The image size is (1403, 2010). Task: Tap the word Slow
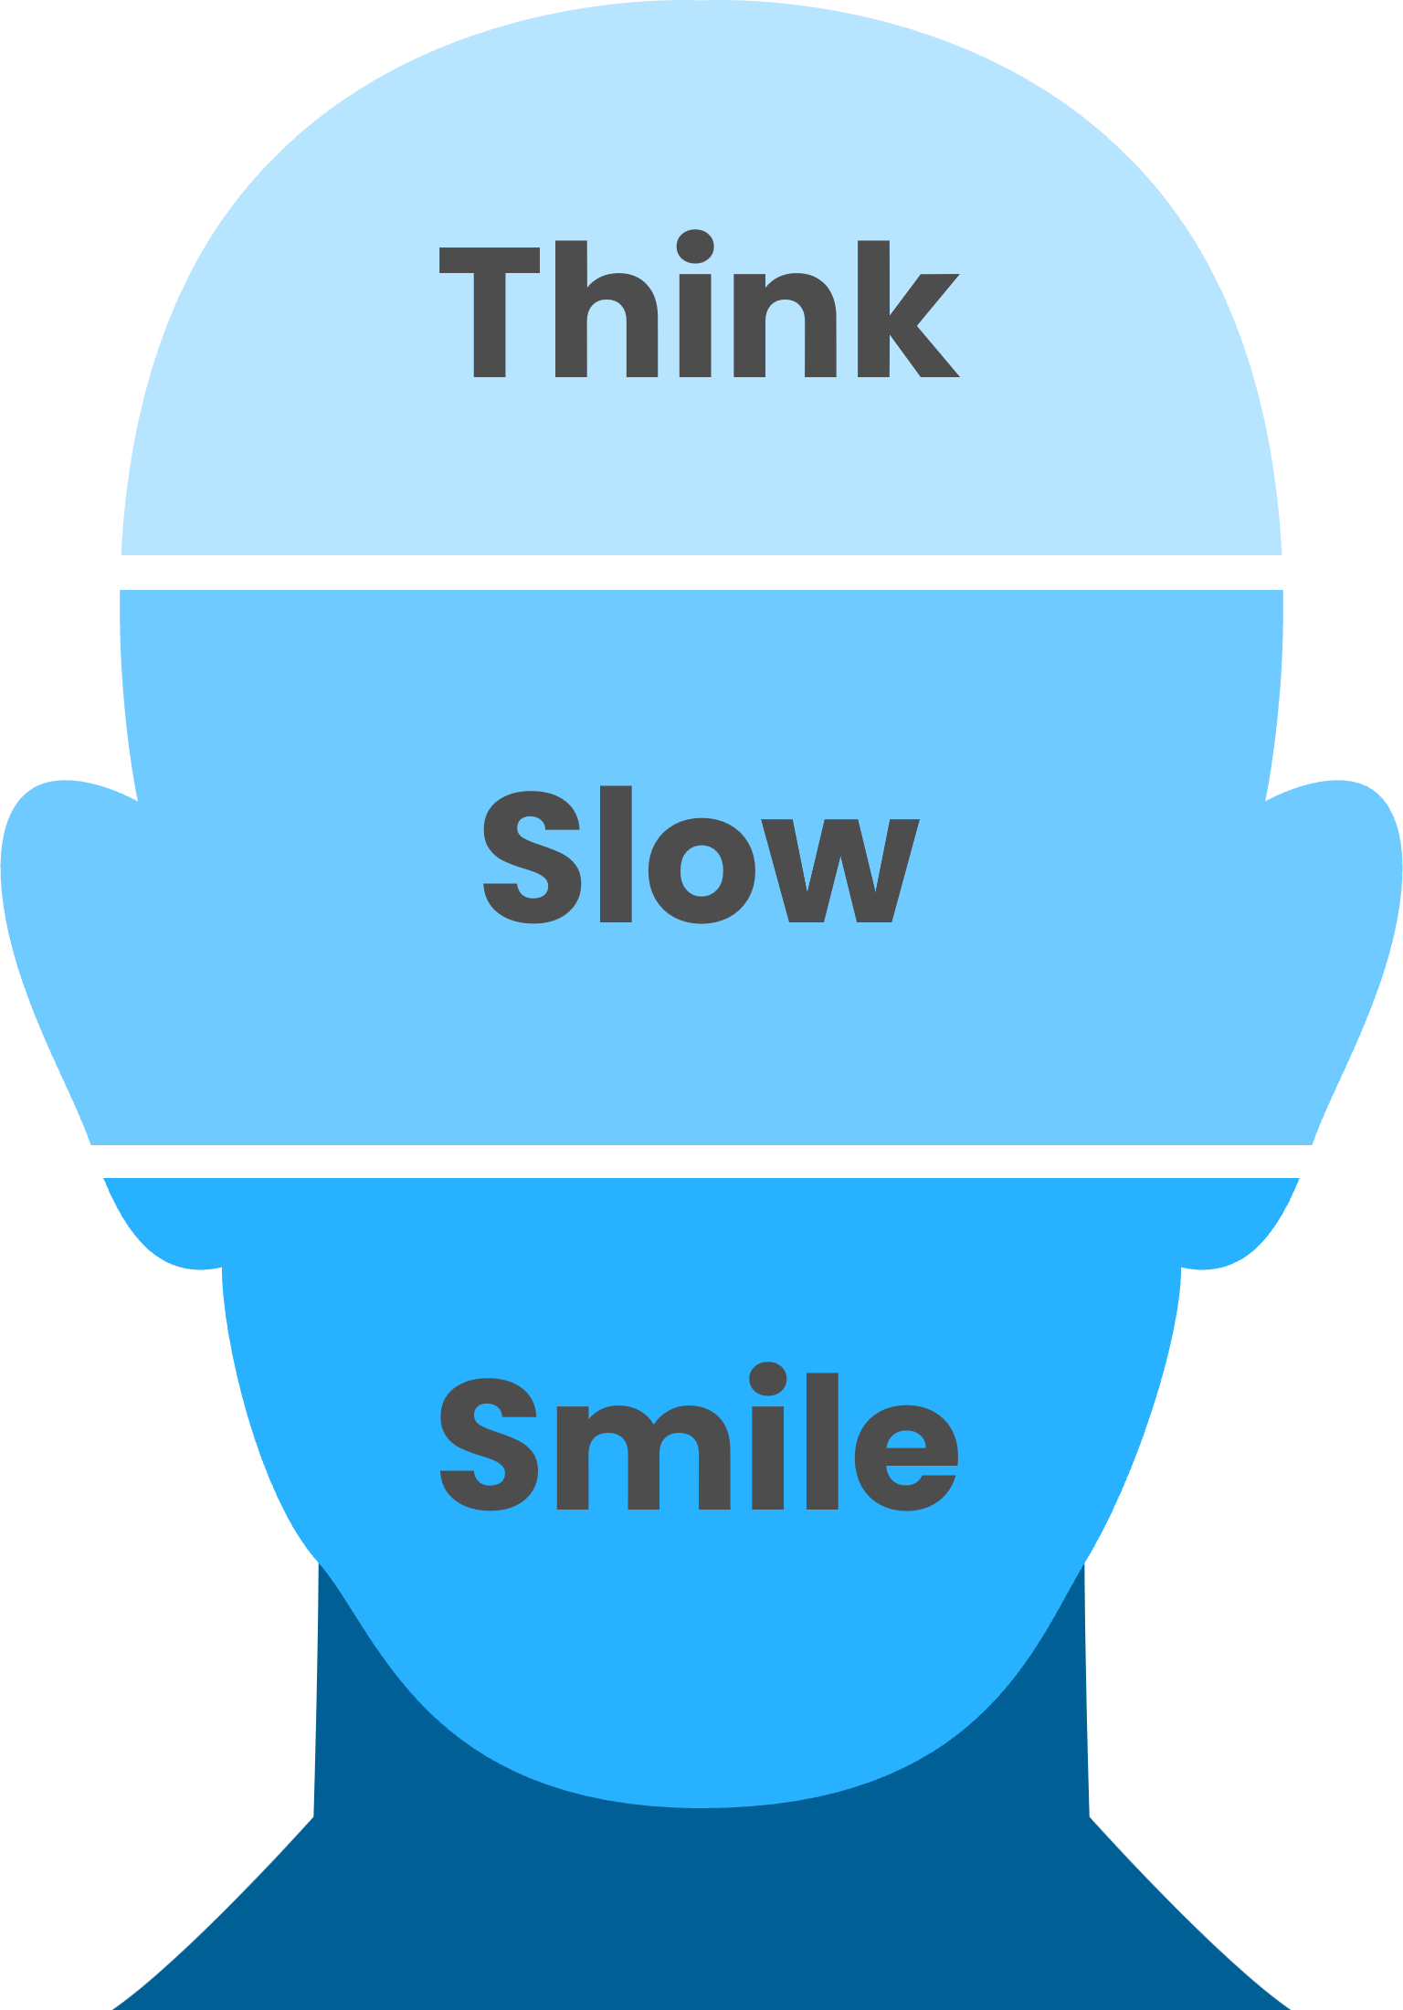[699, 856]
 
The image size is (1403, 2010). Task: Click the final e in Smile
[905, 1457]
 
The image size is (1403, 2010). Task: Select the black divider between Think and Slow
[701, 573]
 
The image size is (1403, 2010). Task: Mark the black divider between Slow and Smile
[701, 1161]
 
